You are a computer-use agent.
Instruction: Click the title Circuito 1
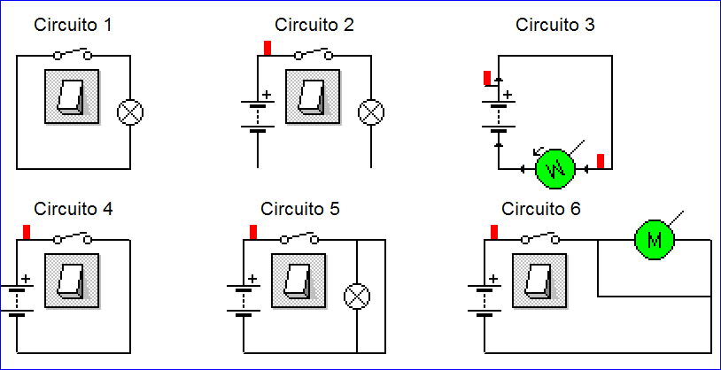pos(73,25)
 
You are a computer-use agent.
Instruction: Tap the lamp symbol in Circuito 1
pos(130,112)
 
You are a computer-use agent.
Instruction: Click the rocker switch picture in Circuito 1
pos(72,95)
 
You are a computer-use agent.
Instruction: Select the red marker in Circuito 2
pos(267,47)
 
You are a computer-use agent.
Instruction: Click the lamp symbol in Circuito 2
pos(370,112)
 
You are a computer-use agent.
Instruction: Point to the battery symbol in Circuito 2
pos(257,114)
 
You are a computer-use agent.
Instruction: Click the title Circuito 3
pos(555,25)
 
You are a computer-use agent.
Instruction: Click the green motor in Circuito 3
pos(555,167)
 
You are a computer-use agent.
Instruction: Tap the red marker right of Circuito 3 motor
pos(601,161)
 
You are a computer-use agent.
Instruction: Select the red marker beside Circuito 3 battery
pos(487,78)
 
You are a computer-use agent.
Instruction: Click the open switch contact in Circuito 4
pos(74,238)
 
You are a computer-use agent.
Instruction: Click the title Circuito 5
pos(300,210)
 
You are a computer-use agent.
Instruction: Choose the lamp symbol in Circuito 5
pos(357,297)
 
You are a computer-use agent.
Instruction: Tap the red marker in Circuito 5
pos(253,232)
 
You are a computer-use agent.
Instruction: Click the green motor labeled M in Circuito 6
pos(655,239)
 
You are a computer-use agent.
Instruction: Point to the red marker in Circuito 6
pos(493,232)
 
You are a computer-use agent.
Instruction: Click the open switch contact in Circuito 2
pos(314,54)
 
